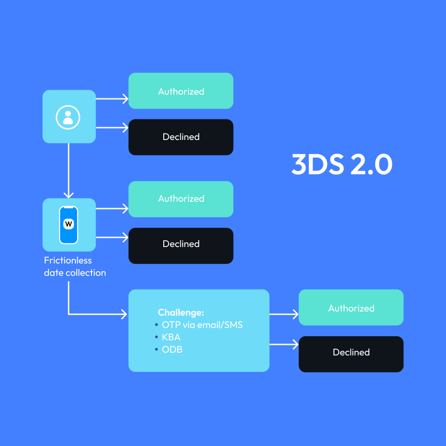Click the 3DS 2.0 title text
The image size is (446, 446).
342,165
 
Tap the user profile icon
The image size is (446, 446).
68,117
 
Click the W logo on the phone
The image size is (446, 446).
69,224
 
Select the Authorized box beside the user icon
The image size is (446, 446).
181,91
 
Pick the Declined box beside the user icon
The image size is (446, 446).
181,137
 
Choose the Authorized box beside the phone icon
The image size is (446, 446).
181,199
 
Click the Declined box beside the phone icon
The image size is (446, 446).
181,244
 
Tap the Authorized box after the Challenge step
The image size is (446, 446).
351,308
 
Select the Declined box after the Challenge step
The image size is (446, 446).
351,353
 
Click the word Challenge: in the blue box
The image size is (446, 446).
181,312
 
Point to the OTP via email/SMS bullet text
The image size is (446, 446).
202,325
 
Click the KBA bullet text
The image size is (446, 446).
171,337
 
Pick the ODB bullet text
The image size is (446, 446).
172,349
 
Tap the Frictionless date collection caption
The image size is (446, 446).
75,267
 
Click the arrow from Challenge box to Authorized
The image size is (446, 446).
284,314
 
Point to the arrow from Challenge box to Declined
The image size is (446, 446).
284,345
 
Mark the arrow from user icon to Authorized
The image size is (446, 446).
112,98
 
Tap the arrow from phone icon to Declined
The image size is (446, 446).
112,237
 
